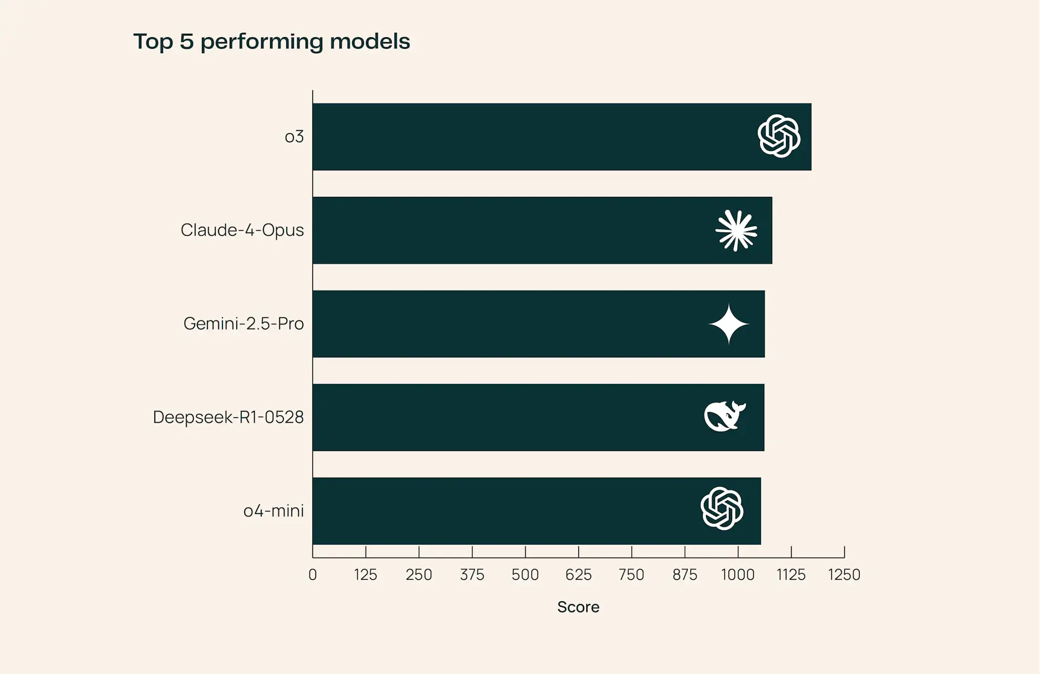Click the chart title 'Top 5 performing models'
click(271, 42)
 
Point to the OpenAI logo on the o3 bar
click(779, 136)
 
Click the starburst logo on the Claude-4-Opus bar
click(736, 230)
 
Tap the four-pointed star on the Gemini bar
click(729, 324)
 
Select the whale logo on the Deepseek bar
click(724, 416)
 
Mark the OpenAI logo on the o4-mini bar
click(722, 509)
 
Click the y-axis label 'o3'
click(294, 137)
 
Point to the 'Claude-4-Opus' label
click(242, 230)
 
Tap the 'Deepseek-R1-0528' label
click(228, 417)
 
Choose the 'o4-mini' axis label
click(273, 511)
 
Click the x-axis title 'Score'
click(578, 607)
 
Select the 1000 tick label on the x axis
click(738, 575)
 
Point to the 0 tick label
click(313, 575)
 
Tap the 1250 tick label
click(844, 575)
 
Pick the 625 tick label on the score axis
click(578, 575)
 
